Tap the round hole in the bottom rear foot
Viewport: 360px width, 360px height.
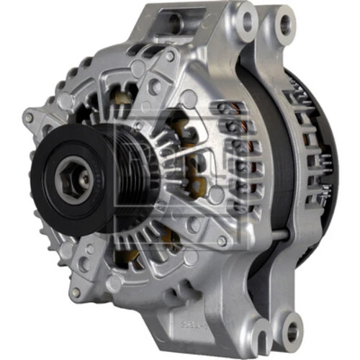(294, 331)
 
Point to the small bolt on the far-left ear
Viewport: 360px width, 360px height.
(29, 117)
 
